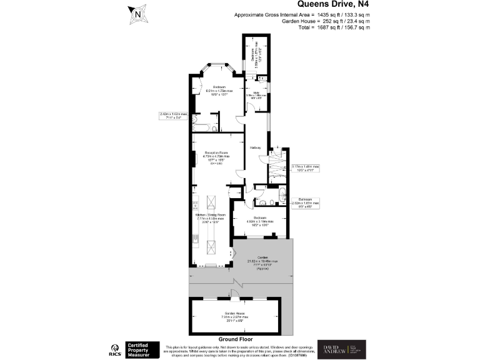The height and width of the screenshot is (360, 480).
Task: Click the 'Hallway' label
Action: (x=255, y=147)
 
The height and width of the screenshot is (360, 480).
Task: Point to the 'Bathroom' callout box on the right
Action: (x=305, y=201)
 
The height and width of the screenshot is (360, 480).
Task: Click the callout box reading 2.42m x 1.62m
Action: (x=173, y=116)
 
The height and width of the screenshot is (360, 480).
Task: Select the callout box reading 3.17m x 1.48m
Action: (x=305, y=168)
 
